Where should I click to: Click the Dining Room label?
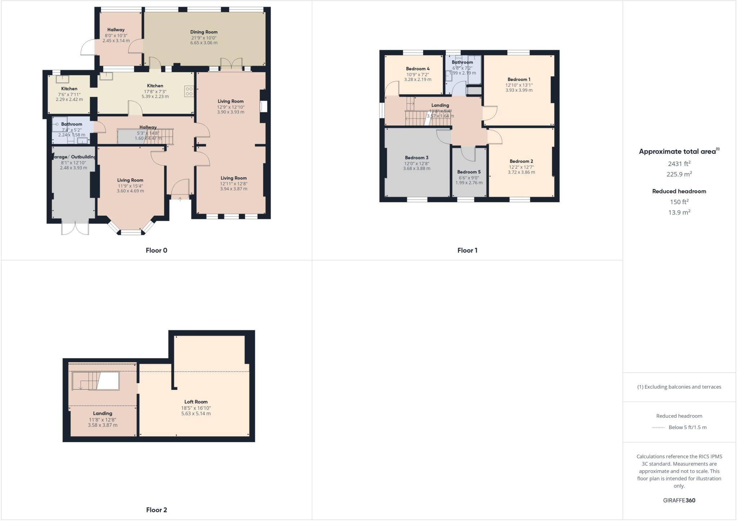[x=204, y=32]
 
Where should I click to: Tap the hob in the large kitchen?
[x=189, y=91]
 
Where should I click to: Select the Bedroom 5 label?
[x=469, y=172]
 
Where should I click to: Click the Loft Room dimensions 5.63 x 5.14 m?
[x=196, y=414]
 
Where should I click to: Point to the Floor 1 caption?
[x=467, y=250]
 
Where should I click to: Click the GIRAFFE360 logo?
[x=679, y=500]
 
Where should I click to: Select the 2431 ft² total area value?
[x=679, y=163]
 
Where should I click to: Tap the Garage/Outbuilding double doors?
[x=75, y=228]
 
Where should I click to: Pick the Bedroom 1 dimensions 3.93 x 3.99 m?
[x=519, y=90]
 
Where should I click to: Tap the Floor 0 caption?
[x=156, y=250]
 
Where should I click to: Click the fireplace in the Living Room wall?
[x=264, y=107]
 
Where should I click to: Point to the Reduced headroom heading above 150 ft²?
[x=679, y=191]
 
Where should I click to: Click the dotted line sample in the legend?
[x=658, y=427]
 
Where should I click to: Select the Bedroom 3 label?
[x=417, y=158]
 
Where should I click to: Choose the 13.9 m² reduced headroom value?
[x=679, y=212]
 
